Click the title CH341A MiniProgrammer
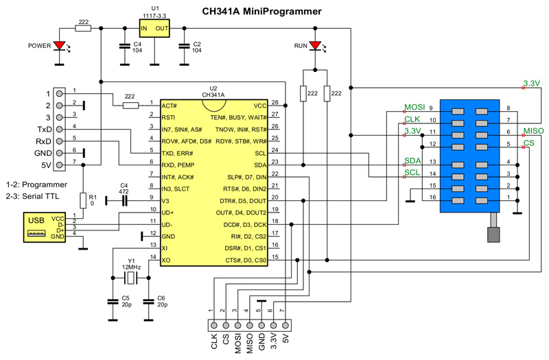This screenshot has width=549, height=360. click(x=274, y=11)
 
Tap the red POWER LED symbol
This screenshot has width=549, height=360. click(x=60, y=46)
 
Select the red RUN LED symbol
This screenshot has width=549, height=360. click(x=315, y=47)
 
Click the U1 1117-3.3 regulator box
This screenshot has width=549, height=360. click(x=154, y=28)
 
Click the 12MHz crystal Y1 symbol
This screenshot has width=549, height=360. click(x=131, y=278)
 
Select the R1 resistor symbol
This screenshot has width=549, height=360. click(x=82, y=200)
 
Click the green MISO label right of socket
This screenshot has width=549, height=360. click(x=534, y=131)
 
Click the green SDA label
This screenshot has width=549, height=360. click(x=412, y=161)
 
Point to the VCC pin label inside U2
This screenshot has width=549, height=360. click(x=260, y=106)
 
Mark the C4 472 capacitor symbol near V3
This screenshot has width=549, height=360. click(x=125, y=201)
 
